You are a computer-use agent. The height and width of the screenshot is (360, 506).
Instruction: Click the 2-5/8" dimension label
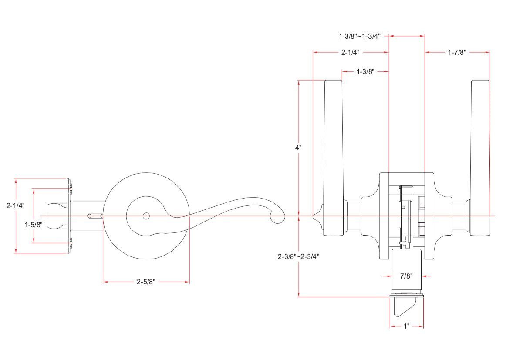146,282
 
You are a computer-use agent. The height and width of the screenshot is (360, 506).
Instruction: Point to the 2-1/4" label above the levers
350,52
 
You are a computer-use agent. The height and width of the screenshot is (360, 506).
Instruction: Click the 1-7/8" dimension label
457,52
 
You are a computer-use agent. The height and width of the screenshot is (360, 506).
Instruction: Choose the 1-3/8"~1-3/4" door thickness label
360,36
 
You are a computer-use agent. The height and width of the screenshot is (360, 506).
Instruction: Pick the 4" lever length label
298,148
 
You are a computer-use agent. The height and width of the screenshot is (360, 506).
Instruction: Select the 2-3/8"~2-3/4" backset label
299,256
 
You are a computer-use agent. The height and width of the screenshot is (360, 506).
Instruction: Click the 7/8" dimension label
406,276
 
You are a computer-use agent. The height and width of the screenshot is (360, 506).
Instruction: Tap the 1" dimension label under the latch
406,326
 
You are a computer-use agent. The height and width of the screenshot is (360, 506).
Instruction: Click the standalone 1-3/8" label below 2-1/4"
365,71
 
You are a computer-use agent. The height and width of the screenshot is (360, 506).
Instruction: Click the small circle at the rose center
146,216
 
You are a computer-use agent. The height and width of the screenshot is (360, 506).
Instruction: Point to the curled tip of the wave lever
277,217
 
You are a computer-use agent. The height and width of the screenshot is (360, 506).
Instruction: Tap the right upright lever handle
480,144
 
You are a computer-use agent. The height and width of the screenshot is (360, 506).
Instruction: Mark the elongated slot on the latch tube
95,215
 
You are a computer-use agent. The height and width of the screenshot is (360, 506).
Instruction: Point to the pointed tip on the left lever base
315,216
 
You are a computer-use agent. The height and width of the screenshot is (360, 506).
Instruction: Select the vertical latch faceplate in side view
68,216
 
